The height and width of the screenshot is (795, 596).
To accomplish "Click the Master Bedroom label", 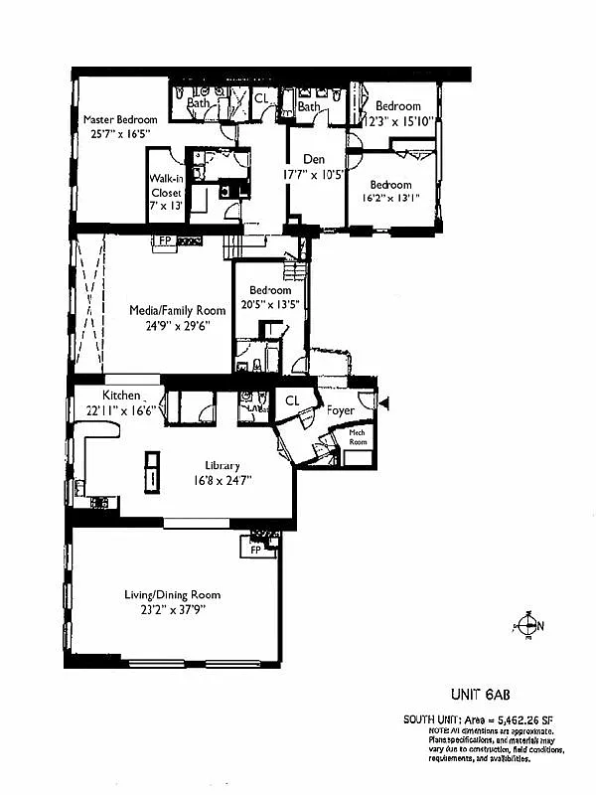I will click(120, 120).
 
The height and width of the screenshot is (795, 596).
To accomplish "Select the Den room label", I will click(303, 157).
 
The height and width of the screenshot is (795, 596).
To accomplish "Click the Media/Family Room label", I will click(177, 310).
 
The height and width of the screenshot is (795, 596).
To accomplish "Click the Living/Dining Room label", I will click(172, 594).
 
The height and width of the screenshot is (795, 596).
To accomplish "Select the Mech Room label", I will click(358, 437).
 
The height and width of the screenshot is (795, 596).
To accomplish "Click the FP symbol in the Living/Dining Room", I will click(255, 549).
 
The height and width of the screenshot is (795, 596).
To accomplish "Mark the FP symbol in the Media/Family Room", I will click(162, 240).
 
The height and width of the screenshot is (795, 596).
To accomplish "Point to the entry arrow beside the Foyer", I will click(386, 402).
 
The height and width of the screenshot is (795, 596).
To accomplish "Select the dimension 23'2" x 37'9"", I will click(172, 612).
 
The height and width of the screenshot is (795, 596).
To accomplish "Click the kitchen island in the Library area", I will click(152, 470).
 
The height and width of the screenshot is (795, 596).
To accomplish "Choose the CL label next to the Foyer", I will click(292, 400).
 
